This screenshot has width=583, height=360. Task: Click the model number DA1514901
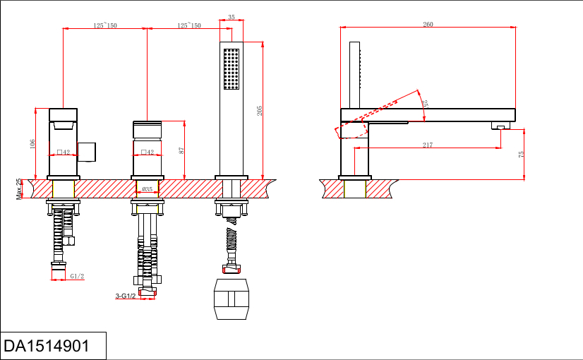tap(47, 346)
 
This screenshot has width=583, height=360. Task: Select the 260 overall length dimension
tap(428, 25)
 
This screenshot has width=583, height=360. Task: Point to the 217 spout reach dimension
tap(428, 145)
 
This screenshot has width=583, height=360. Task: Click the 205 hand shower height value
tap(260, 111)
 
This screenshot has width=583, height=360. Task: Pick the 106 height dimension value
tap(32, 143)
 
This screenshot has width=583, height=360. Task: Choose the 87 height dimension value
tap(181, 150)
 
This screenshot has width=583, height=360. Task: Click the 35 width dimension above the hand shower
tap(232, 18)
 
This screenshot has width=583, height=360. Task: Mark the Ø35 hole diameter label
tap(148, 189)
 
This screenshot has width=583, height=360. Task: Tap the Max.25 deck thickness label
tap(19, 189)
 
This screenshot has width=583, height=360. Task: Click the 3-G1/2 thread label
tap(126, 296)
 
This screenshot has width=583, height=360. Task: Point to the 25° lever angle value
tap(425, 103)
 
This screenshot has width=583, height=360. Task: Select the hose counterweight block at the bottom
tap(232, 299)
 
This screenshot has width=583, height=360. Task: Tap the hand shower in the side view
tap(355, 74)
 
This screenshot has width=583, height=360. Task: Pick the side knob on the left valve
tap(87, 151)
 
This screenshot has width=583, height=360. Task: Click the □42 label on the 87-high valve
tap(148, 152)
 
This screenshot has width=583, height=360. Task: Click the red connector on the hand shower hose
tap(232, 268)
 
